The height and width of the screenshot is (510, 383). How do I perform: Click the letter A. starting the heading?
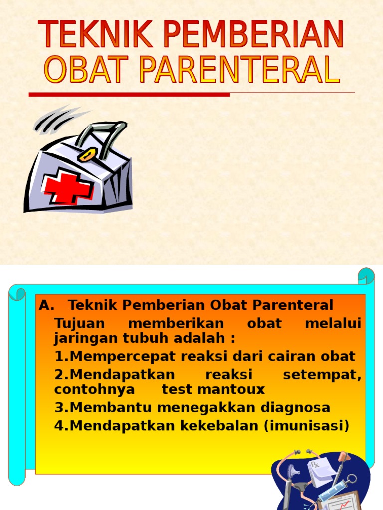point(46,305)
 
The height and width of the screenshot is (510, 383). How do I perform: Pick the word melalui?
point(333,323)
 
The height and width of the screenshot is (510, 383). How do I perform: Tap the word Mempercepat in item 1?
point(121,357)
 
